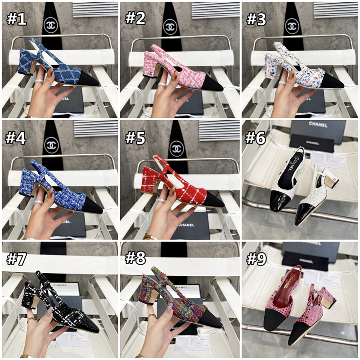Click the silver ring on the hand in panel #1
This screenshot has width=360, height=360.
pyautogui.click(x=40, y=81)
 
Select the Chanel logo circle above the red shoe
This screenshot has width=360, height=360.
pyautogui.click(x=176, y=148)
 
